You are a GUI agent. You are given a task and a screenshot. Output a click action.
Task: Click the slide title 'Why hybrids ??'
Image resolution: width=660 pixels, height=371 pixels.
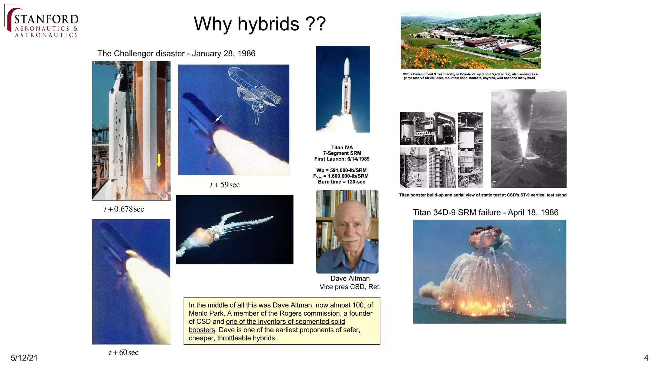click(x=259, y=24)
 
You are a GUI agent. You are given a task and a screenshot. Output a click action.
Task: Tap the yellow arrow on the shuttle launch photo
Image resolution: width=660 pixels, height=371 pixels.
click(x=159, y=160)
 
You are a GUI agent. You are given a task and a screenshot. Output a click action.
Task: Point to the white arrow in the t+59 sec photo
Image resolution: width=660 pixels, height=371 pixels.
click(x=219, y=118)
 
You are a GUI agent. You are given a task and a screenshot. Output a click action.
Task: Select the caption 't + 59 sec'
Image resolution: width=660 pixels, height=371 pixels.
click(x=225, y=185)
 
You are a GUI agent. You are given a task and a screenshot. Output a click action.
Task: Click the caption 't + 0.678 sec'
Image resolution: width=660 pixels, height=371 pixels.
click(x=124, y=209)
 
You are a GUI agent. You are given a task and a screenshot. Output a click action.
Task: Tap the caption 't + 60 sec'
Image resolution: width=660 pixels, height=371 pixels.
click(x=123, y=353)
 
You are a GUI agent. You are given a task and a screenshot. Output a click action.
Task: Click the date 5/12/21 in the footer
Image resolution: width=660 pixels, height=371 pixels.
click(x=24, y=358)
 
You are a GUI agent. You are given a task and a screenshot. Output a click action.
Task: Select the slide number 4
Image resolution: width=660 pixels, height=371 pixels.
click(x=646, y=358)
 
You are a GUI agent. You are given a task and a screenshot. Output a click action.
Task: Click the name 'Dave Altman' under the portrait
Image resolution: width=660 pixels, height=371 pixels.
click(x=350, y=279)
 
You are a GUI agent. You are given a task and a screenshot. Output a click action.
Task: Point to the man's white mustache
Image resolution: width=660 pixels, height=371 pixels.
click(x=350, y=239)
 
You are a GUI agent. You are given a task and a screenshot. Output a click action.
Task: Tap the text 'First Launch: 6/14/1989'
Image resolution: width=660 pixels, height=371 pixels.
click(x=342, y=159)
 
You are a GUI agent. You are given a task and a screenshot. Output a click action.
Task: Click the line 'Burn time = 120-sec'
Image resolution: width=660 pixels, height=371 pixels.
click(x=342, y=182)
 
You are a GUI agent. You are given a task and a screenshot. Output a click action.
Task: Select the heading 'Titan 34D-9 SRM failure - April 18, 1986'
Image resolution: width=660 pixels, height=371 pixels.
click(x=485, y=213)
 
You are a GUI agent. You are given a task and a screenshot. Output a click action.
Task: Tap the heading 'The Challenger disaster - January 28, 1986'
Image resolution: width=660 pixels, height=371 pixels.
click(x=176, y=53)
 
